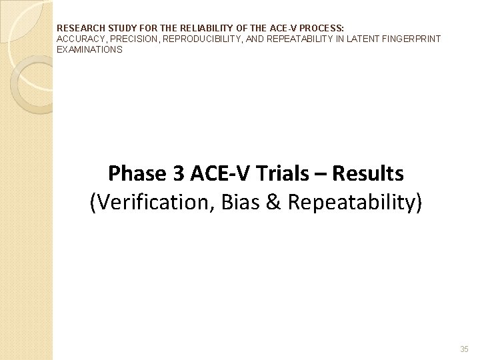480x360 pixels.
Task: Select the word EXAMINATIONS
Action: pyautogui.click(x=89, y=49)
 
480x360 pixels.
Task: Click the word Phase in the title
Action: pyautogui.click(x=136, y=174)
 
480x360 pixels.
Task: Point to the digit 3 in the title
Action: pyautogui.click(x=178, y=174)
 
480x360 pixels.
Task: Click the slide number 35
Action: pyautogui.click(x=464, y=349)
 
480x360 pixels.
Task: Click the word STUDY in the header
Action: pyautogui.click(x=116, y=29)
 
